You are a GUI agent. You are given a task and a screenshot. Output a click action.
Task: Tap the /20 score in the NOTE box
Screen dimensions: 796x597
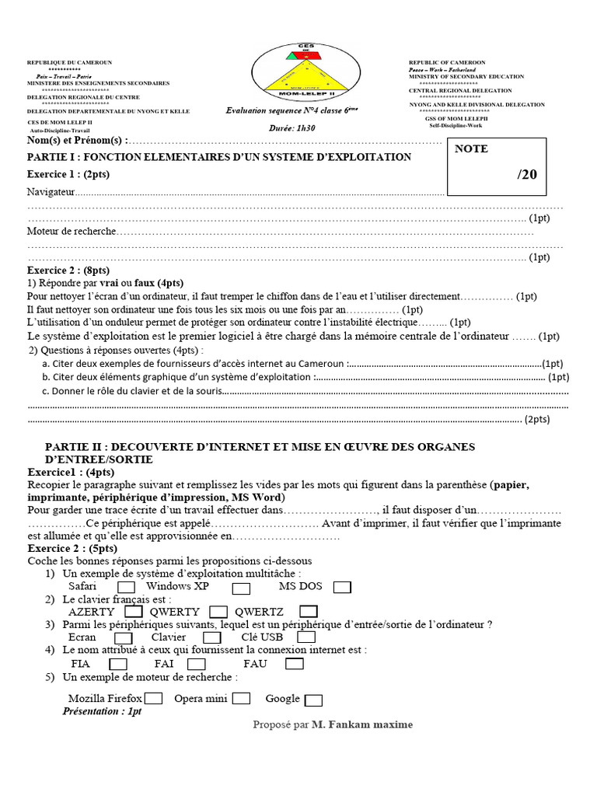point(527,174)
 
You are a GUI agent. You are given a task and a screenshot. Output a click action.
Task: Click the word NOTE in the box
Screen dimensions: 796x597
point(472,148)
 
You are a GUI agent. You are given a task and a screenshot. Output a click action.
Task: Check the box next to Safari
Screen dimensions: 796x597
point(125,587)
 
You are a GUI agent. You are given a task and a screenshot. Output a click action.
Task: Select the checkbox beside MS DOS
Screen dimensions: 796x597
point(342,587)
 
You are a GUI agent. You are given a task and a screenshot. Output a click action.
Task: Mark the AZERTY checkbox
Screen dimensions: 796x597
point(134,612)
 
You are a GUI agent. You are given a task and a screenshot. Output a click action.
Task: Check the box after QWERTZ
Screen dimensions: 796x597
point(308,612)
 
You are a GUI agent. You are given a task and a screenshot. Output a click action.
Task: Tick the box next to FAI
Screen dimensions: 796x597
point(196,665)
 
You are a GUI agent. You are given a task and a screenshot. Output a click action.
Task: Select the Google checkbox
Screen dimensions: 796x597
point(313,700)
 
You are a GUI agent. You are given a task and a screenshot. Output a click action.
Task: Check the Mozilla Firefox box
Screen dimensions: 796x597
point(153,699)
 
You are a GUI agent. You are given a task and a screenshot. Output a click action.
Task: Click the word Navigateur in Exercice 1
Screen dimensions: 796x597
point(51,191)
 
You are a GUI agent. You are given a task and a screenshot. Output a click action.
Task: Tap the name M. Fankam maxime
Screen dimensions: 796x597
point(361,725)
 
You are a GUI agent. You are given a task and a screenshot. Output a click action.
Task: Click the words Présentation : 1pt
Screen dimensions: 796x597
point(102,711)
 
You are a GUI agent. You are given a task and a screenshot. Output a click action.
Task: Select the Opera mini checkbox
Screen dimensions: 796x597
point(241,699)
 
